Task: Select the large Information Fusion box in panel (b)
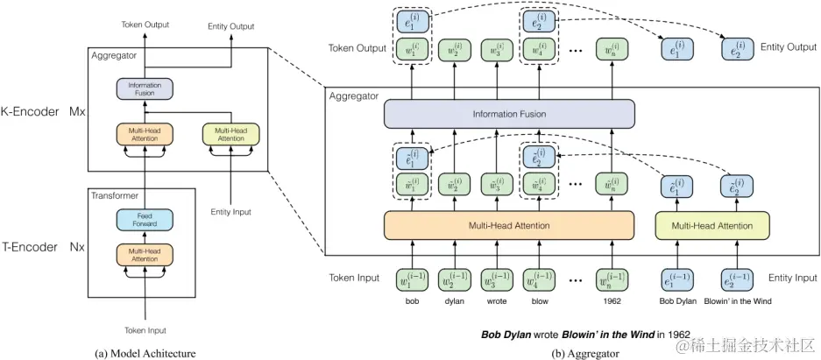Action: pyautogui.click(x=508, y=114)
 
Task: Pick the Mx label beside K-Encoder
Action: pyautogui.click(x=76, y=112)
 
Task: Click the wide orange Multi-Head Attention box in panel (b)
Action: pyautogui.click(x=508, y=227)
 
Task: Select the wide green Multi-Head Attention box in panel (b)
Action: pyautogui.click(x=711, y=227)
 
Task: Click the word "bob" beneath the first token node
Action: pyautogui.click(x=412, y=302)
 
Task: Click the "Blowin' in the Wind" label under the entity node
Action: pyautogui.click(x=737, y=302)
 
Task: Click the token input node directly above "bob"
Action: pyautogui.click(x=412, y=279)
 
